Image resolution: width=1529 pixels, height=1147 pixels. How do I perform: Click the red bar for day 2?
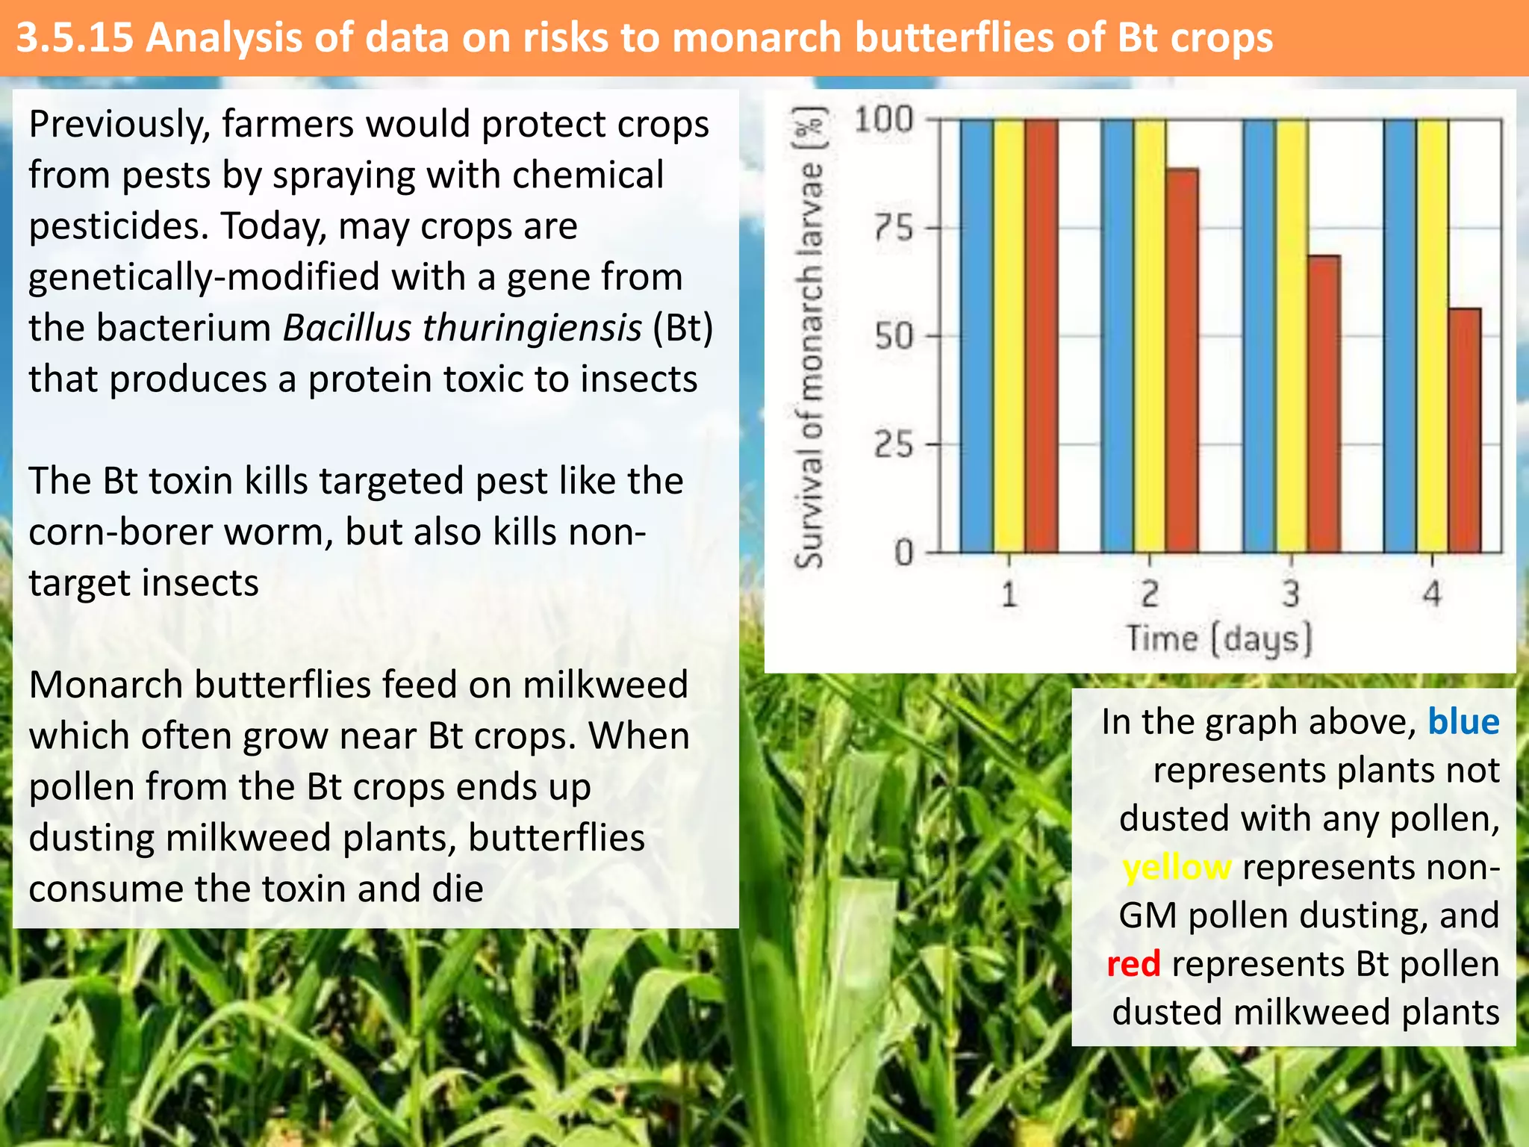pos(1182,358)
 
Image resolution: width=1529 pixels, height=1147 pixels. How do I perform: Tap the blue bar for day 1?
pos(977,336)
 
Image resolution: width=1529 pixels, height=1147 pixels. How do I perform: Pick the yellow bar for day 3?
pos(1292,336)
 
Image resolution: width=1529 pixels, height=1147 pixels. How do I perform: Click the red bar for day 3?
pos(1324,403)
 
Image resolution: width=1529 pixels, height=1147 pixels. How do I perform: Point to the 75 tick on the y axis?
pos(894,228)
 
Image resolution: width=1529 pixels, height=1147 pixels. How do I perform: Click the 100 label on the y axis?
pos(884,119)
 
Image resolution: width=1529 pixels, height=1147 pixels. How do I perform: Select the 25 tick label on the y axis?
pos(894,445)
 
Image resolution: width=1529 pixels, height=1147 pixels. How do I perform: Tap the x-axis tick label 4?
pos(1431,595)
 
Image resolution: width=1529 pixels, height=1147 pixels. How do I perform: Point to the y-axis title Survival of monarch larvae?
pos(809,336)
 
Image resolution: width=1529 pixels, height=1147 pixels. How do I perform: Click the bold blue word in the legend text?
pos(1463,722)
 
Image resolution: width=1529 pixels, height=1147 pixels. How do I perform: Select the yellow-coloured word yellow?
pos(1177,868)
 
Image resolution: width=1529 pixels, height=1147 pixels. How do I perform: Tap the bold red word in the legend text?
pos(1133,964)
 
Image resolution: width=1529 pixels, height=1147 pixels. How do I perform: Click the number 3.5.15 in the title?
pos(75,38)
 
